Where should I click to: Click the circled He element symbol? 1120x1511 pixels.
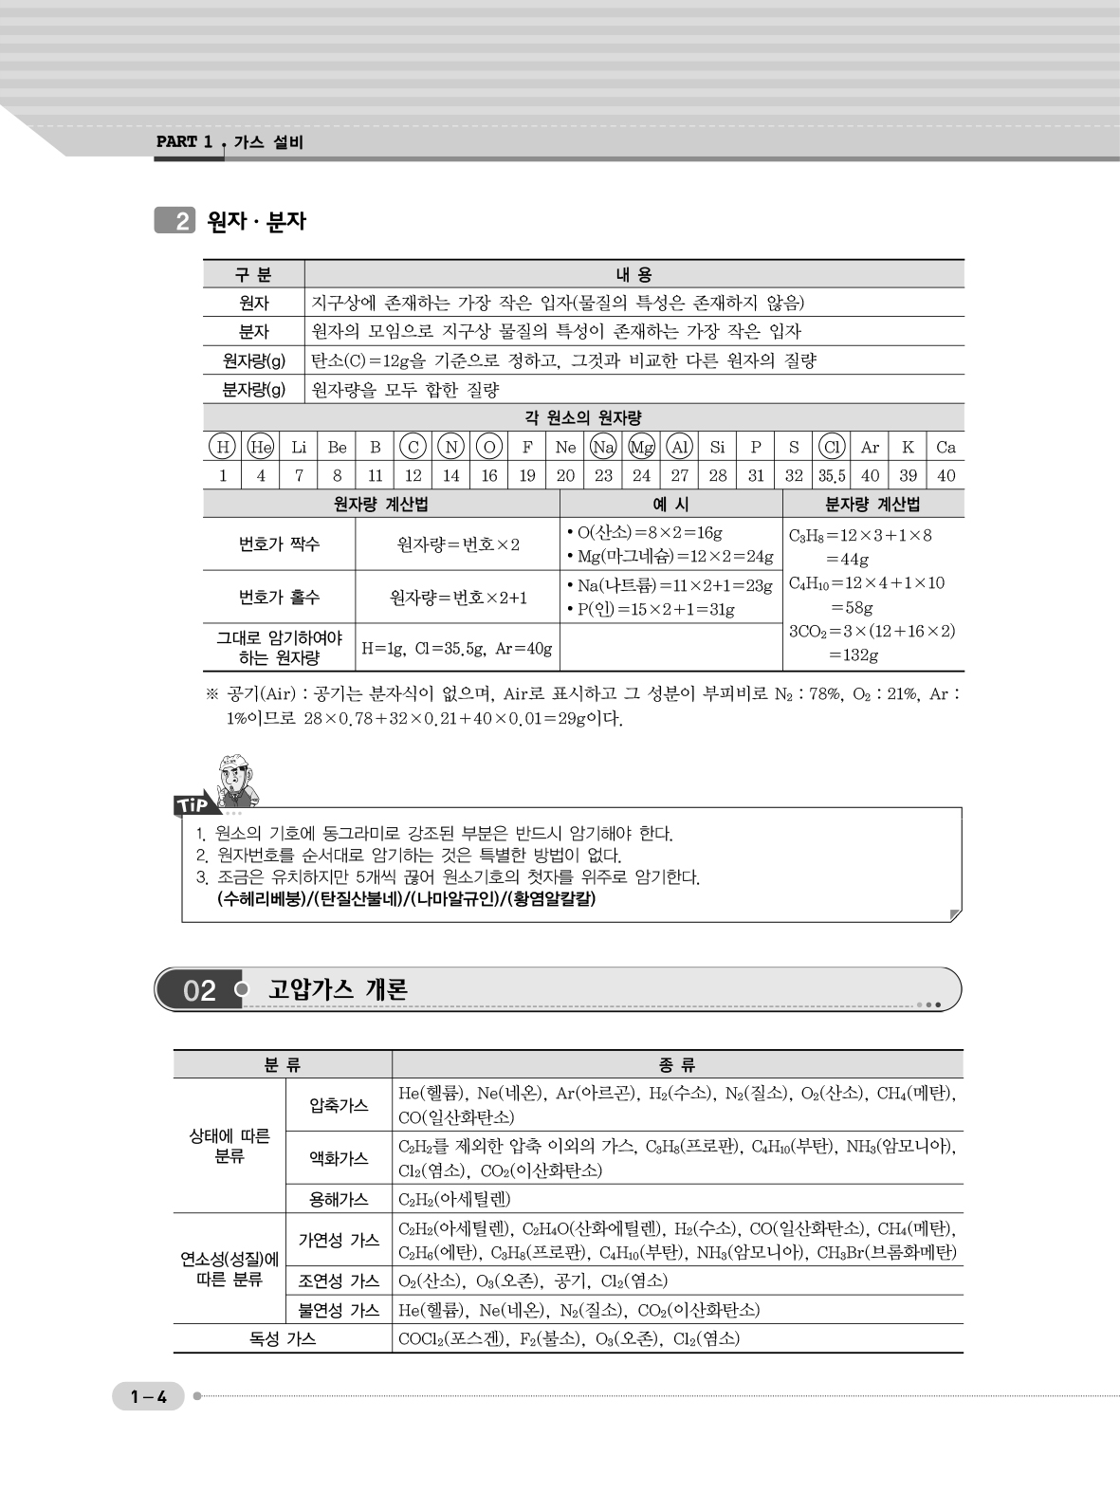(x=261, y=447)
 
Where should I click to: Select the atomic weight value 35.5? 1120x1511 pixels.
(x=832, y=476)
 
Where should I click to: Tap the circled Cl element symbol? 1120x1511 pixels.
(x=832, y=447)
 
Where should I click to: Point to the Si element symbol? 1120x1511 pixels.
(x=718, y=447)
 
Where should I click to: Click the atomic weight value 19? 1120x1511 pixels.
(x=527, y=476)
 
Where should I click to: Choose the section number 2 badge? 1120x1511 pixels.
(x=175, y=221)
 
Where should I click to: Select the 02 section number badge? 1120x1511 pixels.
(x=199, y=990)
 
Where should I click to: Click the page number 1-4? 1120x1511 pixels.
(x=149, y=1396)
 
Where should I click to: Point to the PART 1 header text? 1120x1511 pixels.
(x=184, y=142)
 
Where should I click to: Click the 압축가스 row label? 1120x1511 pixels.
(x=339, y=1105)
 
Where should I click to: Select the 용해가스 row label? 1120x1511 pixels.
(x=339, y=1199)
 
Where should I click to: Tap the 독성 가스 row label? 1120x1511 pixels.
(x=282, y=1338)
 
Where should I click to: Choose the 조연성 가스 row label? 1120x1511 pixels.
(x=339, y=1281)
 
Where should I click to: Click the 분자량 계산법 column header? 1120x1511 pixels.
(x=872, y=504)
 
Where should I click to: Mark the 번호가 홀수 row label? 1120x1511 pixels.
(x=279, y=597)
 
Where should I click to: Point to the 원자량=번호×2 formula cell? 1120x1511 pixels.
(x=457, y=544)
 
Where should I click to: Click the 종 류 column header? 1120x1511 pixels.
(x=677, y=1064)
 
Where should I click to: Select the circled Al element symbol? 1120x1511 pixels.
(x=680, y=447)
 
